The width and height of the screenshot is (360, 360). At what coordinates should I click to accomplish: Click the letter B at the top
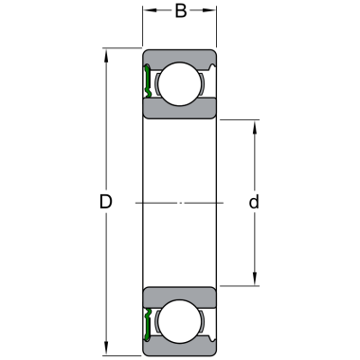[x=181, y=10]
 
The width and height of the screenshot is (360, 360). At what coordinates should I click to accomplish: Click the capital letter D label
[x=106, y=202]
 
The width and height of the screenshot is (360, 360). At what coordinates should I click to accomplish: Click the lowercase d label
[x=254, y=202]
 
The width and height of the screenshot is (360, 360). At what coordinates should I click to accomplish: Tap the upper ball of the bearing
[x=180, y=84]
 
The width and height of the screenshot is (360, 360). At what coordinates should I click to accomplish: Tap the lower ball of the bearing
[x=180, y=321]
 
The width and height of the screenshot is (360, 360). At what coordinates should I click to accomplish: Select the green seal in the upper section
[x=147, y=81]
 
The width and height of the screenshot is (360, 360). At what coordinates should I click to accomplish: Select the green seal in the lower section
[x=147, y=325]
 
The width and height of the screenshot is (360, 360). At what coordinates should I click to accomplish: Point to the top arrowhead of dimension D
[x=106, y=55]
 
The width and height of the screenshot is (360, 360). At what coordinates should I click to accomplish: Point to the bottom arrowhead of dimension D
[x=106, y=350]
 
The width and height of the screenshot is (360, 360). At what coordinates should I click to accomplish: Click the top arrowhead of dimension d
[x=255, y=126]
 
